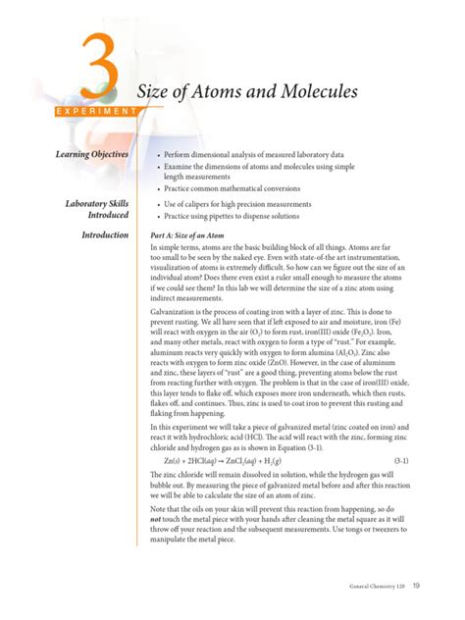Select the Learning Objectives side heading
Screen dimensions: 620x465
coord(86,155)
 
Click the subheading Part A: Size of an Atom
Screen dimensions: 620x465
coord(198,236)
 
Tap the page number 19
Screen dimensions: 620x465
coord(417,587)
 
